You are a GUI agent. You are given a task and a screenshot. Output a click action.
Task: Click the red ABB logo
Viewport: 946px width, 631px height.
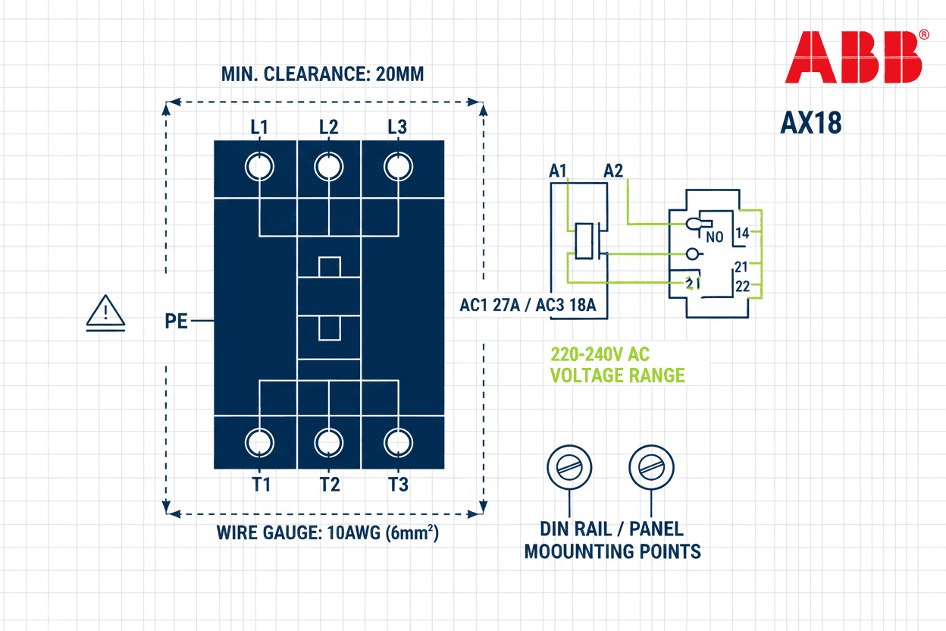(x=853, y=58)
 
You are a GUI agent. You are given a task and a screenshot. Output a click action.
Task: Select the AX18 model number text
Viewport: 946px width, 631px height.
(x=810, y=123)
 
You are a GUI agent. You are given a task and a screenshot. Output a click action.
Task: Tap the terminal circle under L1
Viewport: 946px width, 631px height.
(x=259, y=166)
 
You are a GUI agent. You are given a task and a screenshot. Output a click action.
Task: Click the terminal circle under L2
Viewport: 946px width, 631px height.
(x=328, y=166)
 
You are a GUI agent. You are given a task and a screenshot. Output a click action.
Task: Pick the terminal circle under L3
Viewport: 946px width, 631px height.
(x=396, y=166)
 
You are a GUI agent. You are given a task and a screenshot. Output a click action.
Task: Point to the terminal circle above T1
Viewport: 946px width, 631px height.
(x=259, y=442)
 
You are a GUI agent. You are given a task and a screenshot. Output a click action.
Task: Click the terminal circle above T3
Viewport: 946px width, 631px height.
(x=396, y=442)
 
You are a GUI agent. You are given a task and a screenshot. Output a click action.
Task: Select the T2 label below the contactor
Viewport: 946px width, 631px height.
(x=329, y=484)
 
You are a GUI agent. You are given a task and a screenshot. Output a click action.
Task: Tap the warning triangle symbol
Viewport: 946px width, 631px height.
(x=106, y=313)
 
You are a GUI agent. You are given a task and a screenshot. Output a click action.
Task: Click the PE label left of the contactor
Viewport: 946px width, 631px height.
(x=176, y=322)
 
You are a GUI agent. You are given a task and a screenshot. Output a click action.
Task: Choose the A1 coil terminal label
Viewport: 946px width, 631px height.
(x=558, y=171)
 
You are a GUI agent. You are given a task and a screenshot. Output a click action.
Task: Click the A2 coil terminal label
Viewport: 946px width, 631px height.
(x=613, y=171)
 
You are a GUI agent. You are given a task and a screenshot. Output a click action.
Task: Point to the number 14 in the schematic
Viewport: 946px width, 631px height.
(x=742, y=234)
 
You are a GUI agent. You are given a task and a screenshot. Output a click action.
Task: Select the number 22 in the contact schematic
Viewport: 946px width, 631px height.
(x=742, y=286)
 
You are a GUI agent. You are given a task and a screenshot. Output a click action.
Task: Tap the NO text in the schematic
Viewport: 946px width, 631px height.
(x=714, y=237)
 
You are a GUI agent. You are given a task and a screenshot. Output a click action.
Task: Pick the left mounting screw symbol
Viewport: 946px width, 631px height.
(x=569, y=466)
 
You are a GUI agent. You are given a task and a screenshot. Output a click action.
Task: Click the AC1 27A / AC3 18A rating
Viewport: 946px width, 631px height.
(x=528, y=306)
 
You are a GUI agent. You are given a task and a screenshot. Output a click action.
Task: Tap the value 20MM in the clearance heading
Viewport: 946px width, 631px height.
(x=399, y=75)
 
